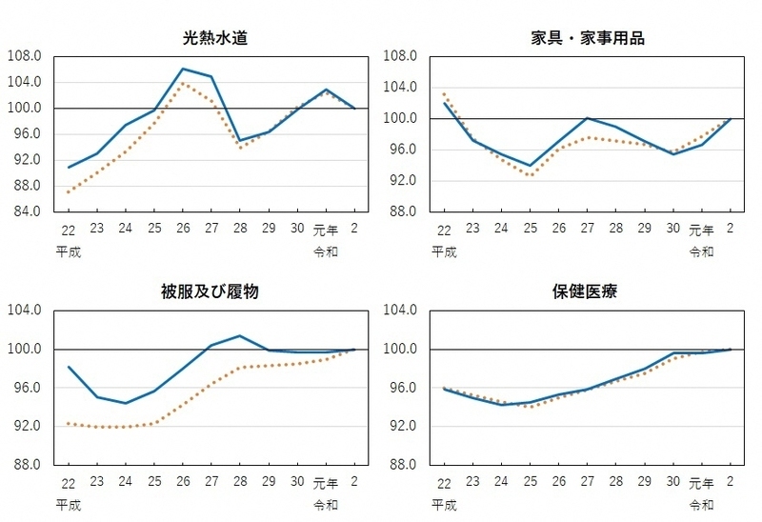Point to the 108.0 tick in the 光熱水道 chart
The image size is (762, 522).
point(25,55)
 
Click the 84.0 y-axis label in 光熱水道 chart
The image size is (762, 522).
point(25,211)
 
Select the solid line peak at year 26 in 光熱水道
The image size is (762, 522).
point(183,69)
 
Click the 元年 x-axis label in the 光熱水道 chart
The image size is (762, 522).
point(327,231)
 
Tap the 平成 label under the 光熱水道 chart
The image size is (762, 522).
point(70,251)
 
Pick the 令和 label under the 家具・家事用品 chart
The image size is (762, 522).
point(701,251)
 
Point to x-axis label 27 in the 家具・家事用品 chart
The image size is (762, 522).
point(588,231)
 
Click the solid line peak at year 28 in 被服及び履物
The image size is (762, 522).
point(240,335)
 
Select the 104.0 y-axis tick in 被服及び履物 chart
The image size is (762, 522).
point(25,310)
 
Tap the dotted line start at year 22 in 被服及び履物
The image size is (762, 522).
point(69,423)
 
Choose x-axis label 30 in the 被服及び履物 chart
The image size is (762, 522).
point(297,483)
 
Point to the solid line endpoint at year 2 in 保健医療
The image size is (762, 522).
point(731,349)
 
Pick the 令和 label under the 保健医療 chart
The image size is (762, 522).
point(701,504)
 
